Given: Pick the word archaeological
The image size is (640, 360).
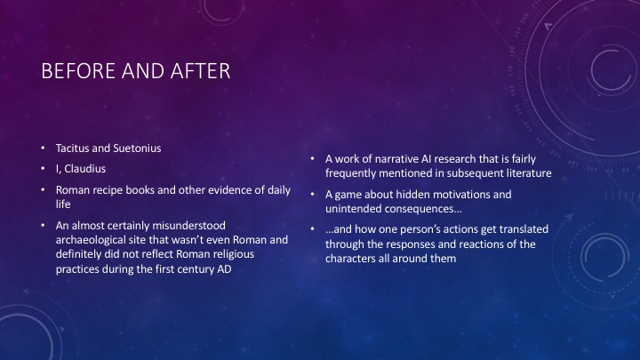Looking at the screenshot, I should [x=97, y=240].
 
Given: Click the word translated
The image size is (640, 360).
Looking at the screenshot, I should [x=521, y=228].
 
